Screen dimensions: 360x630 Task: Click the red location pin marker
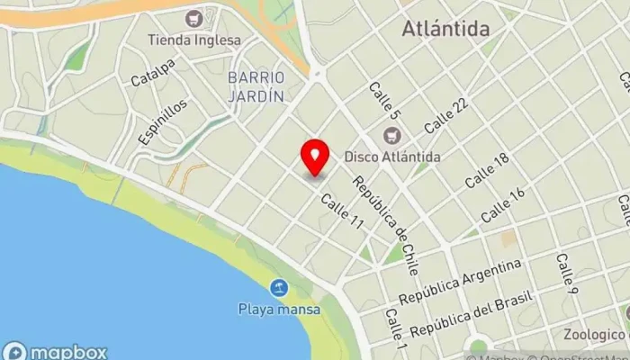(x=315, y=157)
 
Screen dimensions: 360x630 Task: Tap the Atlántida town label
(x=445, y=29)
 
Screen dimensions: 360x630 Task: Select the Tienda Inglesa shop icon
(x=193, y=18)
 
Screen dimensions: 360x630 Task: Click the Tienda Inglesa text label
(x=195, y=40)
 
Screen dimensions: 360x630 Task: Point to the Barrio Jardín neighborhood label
(x=256, y=85)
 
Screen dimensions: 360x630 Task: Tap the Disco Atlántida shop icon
(x=391, y=136)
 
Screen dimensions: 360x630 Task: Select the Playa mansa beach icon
(x=279, y=289)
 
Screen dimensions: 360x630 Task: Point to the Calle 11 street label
(x=341, y=212)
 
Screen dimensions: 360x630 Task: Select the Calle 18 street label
(x=488, y=171)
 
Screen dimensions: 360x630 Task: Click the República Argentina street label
(x=460, y=282)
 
